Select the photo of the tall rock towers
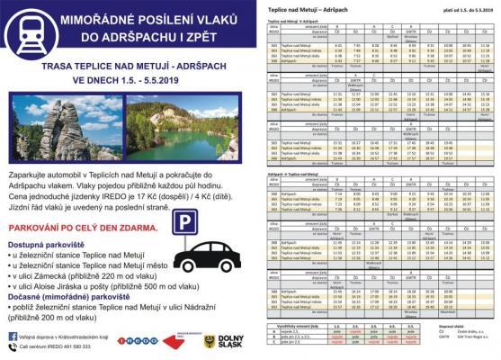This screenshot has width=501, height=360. [41, 132]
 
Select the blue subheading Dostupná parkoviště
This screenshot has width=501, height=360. [54, 244]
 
